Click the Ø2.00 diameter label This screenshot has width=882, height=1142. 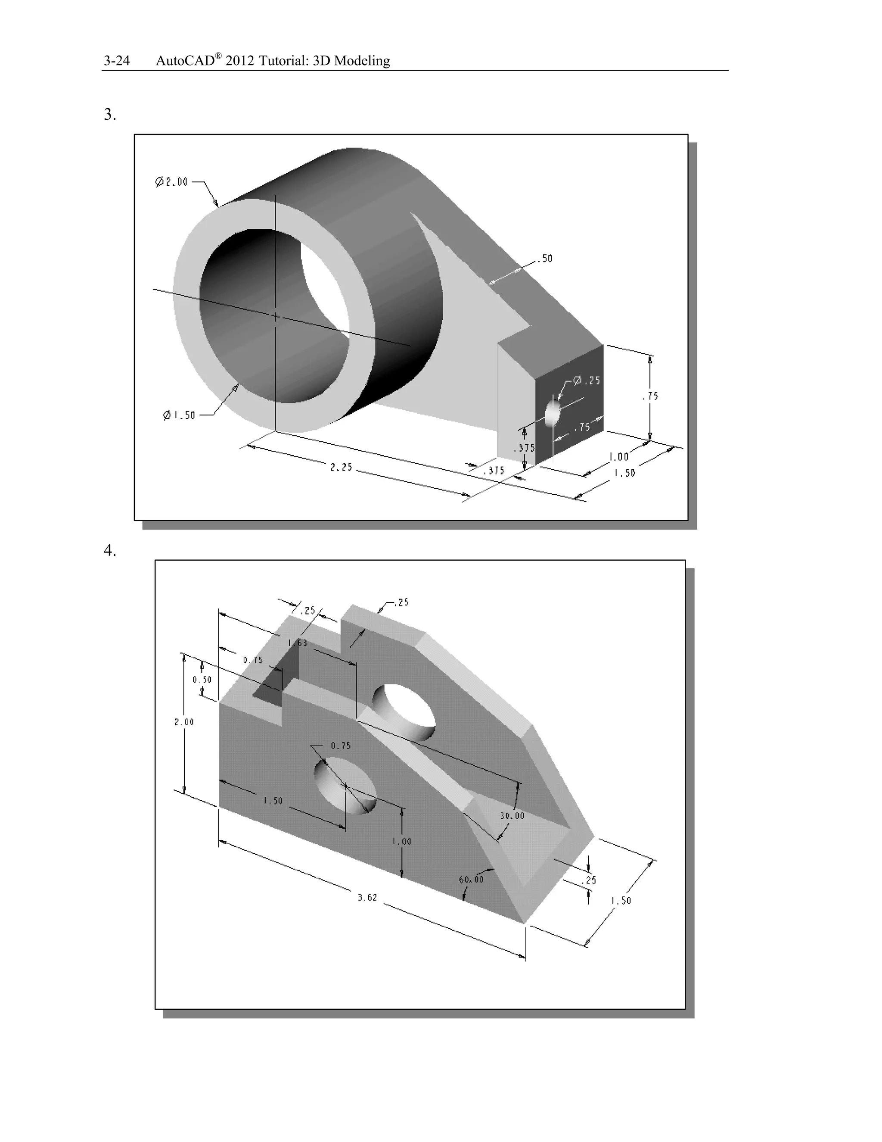tap(171, 182)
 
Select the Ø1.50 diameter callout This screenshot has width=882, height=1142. tap(179, 415)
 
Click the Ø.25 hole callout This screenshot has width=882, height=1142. tap(587, 381)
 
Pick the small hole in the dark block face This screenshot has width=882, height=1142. tap(552, 414)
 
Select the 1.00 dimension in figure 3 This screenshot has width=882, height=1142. tap(619, 457)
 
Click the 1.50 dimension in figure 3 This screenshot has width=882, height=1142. tap(624, 473)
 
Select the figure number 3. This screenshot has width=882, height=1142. tap(110, 115)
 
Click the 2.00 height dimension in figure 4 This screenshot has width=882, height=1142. tap(184, 722)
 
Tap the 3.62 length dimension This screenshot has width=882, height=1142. tap(367, 897)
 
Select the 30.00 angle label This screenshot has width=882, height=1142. tap(512, 816)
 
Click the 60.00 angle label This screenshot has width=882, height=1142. tap(471, 880)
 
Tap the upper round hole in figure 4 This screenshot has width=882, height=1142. tap(404, 711)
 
